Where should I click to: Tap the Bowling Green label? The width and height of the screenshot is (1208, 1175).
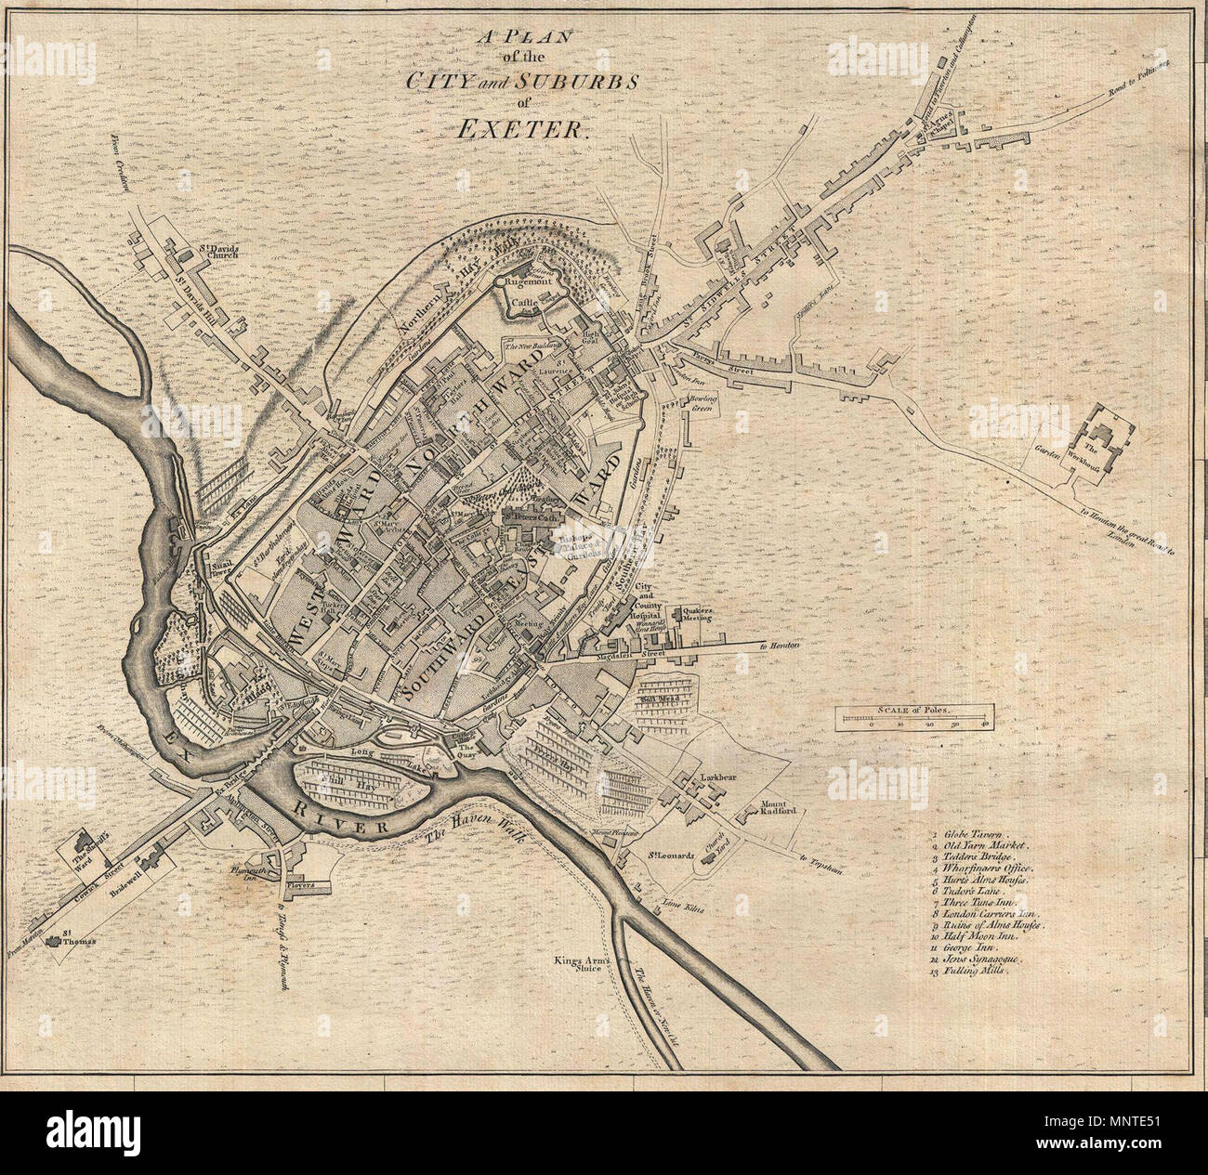pyautogui.click(x=705, y=402)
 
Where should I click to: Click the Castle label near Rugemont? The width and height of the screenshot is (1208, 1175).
pyautogui.click(x=527, y=303)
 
